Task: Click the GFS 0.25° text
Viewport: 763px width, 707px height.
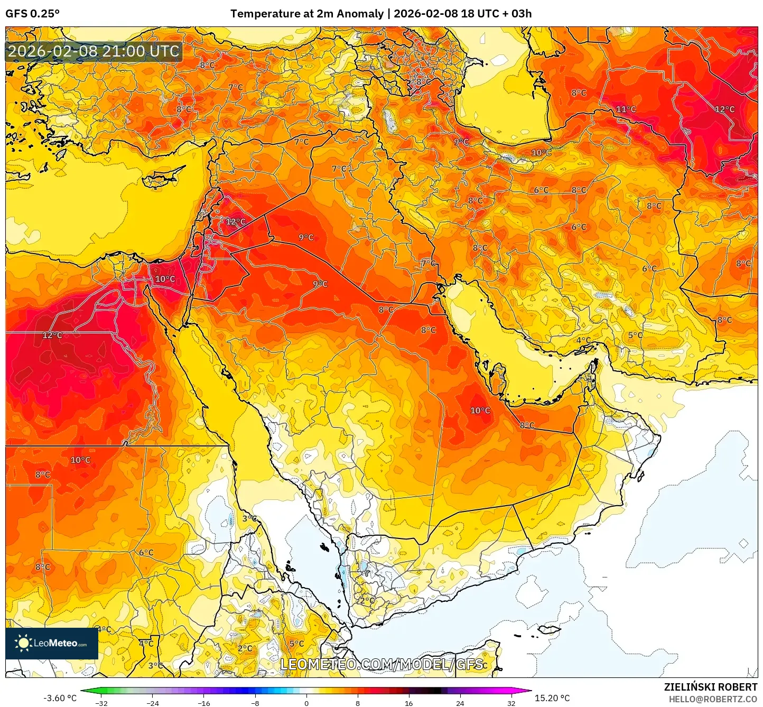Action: click(32, 14)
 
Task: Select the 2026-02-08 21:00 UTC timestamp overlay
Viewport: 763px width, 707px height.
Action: click(94, 51)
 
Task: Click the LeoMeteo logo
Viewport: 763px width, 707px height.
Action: click(51, 643)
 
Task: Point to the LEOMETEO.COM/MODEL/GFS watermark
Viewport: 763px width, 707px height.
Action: click(381, 664)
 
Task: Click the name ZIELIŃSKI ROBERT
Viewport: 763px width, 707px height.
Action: click(711, 687)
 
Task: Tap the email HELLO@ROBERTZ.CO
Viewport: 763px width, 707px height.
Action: click(713, 699)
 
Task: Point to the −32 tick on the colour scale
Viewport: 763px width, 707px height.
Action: click(101, 703)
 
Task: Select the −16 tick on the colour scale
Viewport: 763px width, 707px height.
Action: click(204, 703)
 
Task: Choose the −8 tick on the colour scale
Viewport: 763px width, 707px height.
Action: click(255, 703)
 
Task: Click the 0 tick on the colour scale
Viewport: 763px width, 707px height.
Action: click(306, 703)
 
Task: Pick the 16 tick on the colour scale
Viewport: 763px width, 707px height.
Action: click(408, 703)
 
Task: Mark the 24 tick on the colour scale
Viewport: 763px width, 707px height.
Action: click(460, 703)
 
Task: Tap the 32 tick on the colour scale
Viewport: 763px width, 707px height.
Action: click(511, 703)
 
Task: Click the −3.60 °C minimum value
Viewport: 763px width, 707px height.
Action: click(60, 698)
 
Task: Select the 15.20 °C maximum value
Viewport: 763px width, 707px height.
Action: click(552, 698)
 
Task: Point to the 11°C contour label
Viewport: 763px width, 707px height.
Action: click(626, 109)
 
